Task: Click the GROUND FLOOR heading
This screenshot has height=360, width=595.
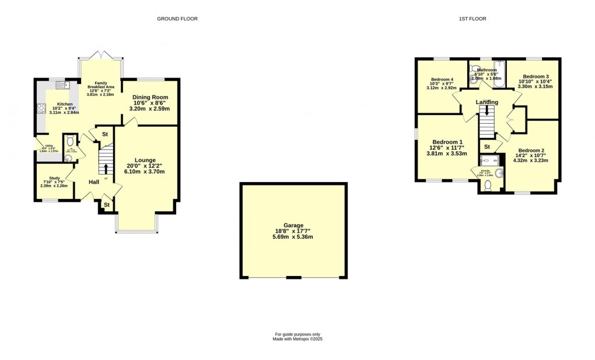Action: [177, 19]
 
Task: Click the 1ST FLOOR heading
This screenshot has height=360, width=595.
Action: [472, 19]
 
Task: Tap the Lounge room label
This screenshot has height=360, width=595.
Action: [145, 159]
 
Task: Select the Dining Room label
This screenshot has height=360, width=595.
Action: [150, 97]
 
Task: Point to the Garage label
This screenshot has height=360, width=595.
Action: [293, 225]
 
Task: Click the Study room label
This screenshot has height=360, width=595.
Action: [54, 179]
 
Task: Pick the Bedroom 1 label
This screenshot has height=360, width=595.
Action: [447, 142]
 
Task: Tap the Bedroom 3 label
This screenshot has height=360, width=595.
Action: [535, 76]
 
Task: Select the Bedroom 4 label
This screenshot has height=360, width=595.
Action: [442, 79]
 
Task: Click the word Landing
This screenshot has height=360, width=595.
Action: [487, 102]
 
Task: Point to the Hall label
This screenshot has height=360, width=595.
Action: [94, 182]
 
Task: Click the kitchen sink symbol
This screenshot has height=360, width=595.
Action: [61, 85]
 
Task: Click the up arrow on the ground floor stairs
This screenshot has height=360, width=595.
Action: [106, 169]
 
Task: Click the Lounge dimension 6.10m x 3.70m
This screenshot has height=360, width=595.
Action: [145, 172]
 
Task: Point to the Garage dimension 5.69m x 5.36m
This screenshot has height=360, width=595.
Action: [293, 237]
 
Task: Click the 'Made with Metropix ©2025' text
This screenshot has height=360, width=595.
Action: [297, 338]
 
